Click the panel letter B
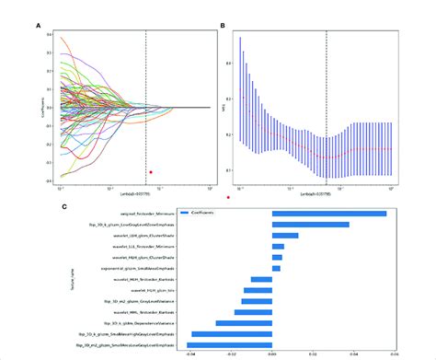tap(224, 26)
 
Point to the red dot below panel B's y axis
tap(227, 195)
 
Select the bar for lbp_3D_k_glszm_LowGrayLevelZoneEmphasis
tap(310, 224)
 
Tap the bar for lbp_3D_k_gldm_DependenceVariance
tap(243, 323)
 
